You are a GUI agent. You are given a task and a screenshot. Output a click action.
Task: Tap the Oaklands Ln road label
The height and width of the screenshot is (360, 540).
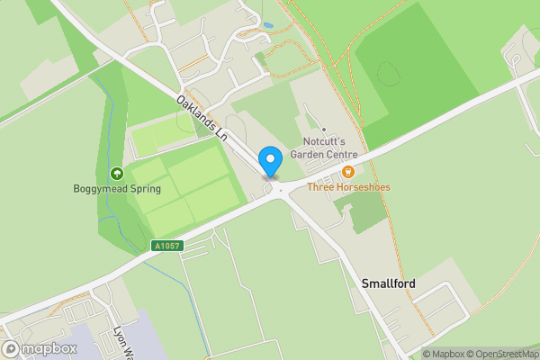202,118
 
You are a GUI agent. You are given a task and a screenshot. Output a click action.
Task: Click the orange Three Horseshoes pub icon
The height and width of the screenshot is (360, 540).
348,171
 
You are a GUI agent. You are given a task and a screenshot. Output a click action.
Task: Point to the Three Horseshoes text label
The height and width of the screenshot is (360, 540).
347,187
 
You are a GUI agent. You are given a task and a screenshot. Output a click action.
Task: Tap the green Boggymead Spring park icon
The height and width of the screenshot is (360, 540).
116,173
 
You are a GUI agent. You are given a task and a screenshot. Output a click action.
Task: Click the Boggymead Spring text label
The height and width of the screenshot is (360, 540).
117,189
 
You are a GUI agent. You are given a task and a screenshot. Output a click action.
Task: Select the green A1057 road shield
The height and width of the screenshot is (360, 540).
166,245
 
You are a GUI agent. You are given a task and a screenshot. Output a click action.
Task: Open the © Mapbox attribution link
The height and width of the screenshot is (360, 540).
444,354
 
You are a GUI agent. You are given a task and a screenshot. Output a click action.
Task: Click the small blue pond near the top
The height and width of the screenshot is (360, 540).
267,25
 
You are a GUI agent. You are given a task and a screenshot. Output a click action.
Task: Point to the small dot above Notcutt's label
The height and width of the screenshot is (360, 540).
324,130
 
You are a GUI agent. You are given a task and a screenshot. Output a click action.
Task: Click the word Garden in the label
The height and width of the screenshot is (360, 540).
311,155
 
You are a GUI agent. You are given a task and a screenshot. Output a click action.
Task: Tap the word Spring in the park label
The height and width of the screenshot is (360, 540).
144,189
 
